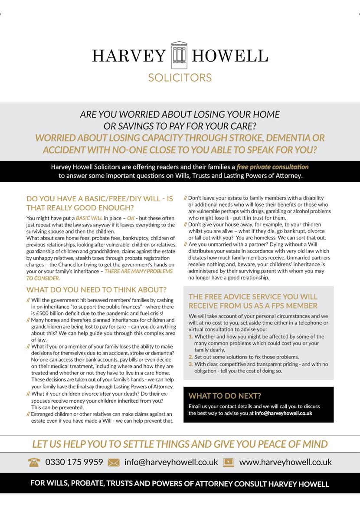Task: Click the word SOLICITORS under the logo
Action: point(180,78)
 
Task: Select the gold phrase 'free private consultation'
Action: point(273,167)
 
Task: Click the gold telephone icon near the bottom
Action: point(34,462)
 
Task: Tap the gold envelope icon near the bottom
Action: point(114,462)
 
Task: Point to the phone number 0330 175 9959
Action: point(74,462)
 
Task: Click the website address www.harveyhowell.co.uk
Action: point(285,462)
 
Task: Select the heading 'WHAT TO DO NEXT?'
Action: point(225,396)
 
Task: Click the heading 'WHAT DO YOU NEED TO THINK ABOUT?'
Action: point(96,290)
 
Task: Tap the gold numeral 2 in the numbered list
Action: point(191,357)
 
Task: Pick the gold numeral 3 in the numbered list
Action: point(191,364)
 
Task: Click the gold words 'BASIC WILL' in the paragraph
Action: point(89,218)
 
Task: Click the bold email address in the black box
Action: point(284,414)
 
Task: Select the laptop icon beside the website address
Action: point(229,462)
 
